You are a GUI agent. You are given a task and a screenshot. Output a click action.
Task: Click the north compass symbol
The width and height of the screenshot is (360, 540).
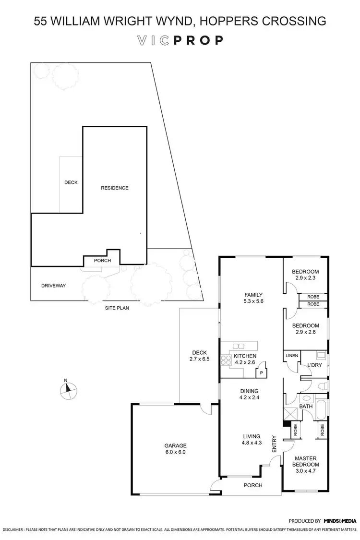68,390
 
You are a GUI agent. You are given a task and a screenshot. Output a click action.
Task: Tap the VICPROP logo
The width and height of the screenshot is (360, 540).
180,40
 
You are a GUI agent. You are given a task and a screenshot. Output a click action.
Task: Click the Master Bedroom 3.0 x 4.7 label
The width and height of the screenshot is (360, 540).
306,461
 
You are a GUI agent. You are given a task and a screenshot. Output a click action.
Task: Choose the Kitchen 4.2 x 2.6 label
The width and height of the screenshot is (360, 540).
245,359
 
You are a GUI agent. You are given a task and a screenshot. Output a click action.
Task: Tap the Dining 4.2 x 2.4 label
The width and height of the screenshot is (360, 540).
249,394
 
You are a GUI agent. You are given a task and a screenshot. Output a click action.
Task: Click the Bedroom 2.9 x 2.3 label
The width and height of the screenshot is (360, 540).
306,275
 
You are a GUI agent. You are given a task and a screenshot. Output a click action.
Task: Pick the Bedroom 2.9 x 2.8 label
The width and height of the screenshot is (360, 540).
306,328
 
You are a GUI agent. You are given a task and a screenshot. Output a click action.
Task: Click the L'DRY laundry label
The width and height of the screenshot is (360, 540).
314,365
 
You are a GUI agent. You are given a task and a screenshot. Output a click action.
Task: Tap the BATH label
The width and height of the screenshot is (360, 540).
306,407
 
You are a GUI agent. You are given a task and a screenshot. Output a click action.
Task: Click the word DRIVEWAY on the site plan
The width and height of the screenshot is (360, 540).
53,286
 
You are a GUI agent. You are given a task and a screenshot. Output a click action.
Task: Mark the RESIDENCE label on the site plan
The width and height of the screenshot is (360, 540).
114,188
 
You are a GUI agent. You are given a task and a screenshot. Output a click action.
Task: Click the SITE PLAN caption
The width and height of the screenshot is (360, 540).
117,308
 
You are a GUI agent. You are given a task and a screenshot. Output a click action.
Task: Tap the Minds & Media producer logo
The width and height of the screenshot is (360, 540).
340,521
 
